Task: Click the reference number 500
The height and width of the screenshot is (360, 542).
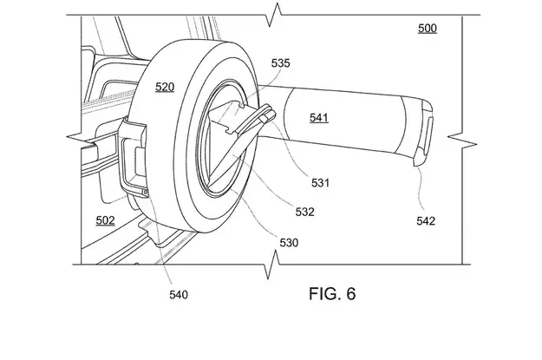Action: (428, 28)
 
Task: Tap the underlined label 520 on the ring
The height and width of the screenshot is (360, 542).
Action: (165, 87)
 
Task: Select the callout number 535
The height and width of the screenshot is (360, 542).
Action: (280, 63)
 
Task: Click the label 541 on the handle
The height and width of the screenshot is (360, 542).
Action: (319, 118)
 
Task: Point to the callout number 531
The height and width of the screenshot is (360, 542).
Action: (320, 182)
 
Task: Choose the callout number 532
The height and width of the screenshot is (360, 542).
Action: (305, 212)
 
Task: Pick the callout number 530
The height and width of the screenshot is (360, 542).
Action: (289, 243)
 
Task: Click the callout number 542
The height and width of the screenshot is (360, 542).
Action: (426, 221)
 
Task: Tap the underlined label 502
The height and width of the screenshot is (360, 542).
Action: (105, 220)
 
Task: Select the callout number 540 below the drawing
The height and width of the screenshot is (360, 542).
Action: (179, 295)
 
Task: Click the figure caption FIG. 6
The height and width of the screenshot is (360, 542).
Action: (332, 293)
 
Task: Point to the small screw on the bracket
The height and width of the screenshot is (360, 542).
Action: (146, 192)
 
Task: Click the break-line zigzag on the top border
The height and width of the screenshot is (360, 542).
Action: (274, 15)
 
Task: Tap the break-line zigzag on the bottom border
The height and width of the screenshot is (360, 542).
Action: (272, 265)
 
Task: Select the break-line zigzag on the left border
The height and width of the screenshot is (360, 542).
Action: (82, 137)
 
